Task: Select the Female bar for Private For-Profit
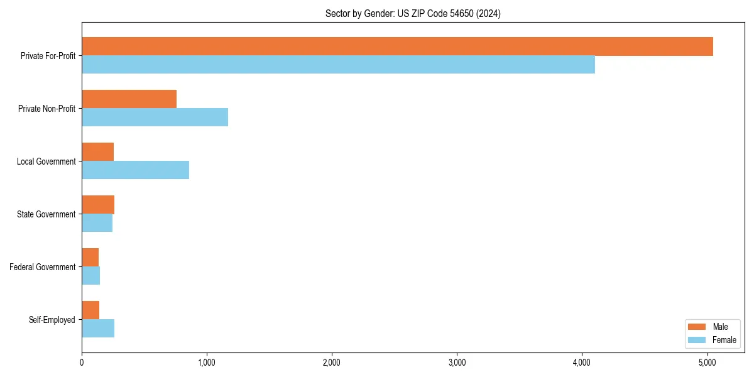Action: pos(338,65)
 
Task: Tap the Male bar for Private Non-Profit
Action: pos(129,99)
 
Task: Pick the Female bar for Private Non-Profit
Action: pos(155,117)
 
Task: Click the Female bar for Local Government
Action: pos(135,170)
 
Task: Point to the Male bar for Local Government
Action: pos(97,152)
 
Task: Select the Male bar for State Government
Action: pos(98,205)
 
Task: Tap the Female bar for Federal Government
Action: pos(90,276)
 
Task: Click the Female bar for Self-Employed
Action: pos(98,329)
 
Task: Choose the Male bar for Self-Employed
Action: pos(90,310)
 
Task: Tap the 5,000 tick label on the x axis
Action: pos(707,362)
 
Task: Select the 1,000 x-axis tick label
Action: pos(207,362)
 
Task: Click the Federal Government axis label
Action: pos(43,267)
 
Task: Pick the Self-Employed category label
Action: pos(52,320)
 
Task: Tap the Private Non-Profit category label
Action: pos(46,109)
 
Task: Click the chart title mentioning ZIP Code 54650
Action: pos(413,13)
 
